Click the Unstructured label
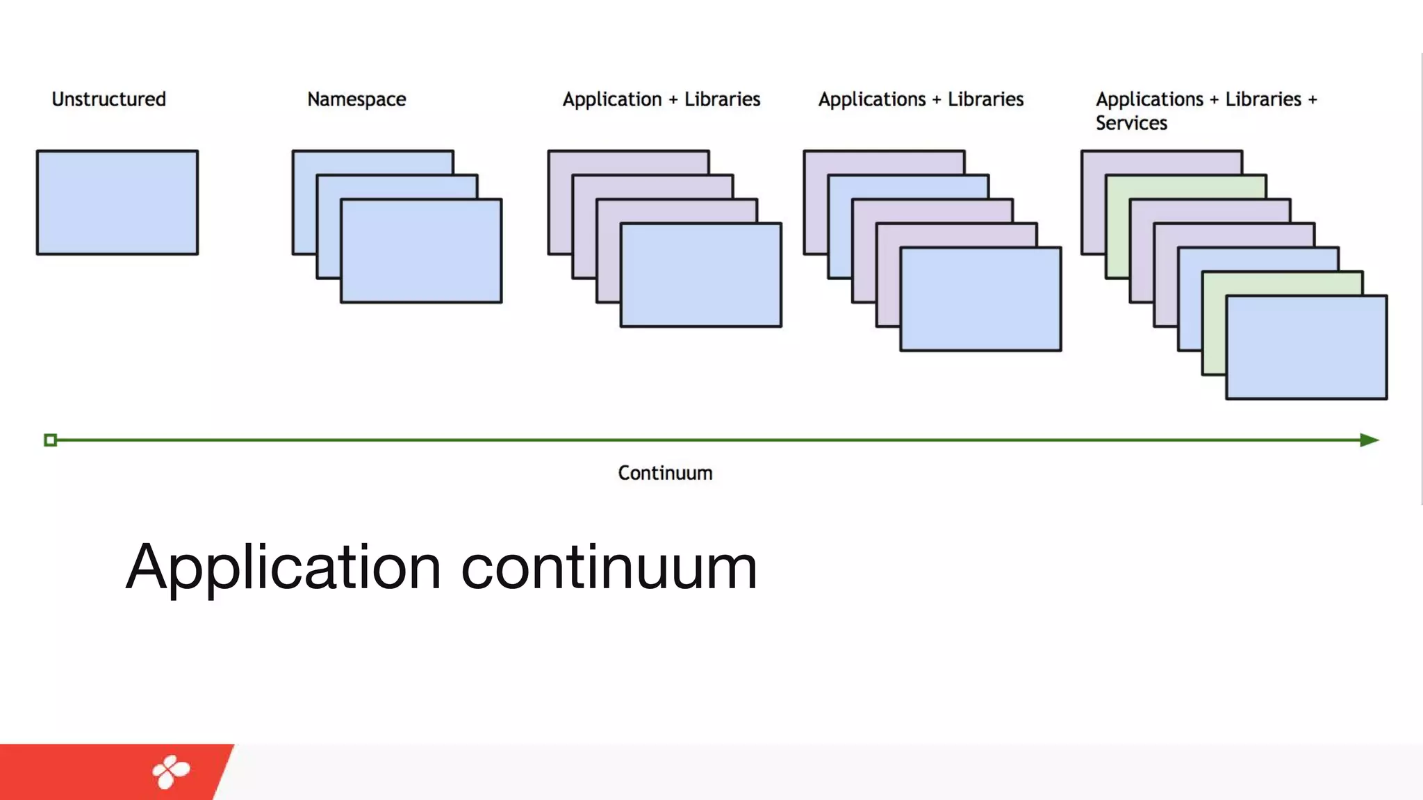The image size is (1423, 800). click(x=109, y=99)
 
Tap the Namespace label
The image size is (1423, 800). click(x=356, y=99)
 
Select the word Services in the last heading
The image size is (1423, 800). click(x=1131, y=124)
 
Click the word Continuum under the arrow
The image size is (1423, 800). click(x=665, y=473)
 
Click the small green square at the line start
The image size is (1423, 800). click(x=50, y=440)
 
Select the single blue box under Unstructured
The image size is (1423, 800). click(x=117, y=202)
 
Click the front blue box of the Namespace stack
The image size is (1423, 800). click(x=421, y=251)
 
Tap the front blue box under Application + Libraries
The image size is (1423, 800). click(x=700, y=275)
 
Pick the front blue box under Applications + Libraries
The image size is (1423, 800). click(x=980, y=299)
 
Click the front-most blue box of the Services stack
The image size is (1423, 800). click(x=1306, y=347)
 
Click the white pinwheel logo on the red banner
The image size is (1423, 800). click(x=171, y=772)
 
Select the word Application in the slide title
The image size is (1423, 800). click(x=283, y=567)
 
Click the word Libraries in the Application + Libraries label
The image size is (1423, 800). click(x=722, y=99)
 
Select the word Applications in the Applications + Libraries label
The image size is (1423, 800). click(x=871, y=99)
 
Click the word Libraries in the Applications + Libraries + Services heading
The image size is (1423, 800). click(x=1262, y=99)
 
